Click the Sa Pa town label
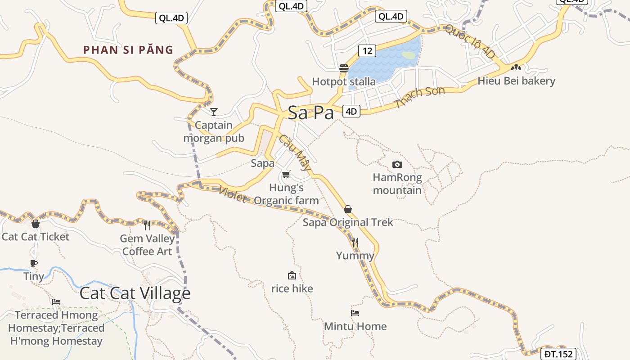coord(310,112)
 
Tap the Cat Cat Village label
coord(135,293)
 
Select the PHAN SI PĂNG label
coord(128,50)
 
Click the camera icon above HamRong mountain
coord(397,164)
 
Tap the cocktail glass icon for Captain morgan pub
coord(214,112)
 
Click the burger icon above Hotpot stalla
coord(344,68)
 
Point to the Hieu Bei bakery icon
coord(516,68)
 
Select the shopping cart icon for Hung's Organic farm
coord(286,174)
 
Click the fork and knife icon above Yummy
coord(355,243)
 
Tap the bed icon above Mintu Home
coord(355,313)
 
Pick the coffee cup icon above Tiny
coord(34,263)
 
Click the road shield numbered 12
coord(367,50)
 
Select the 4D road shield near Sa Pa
coord(351,111)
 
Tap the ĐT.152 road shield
coord(558,354)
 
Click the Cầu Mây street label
coord(295,153)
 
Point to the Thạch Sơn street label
coord(419,97)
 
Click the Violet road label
coord(233,194)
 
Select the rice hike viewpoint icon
coord(292,275)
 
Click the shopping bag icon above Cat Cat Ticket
coord(36,224)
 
